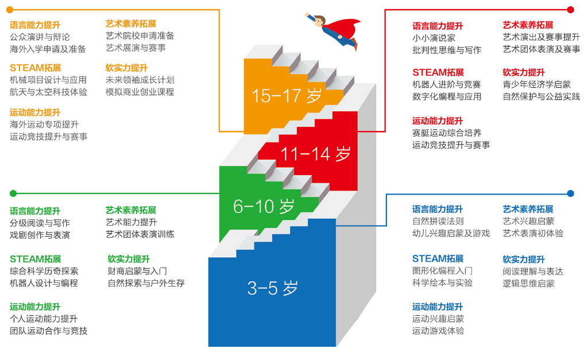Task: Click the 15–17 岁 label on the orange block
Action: coord(287,96)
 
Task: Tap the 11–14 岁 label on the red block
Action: coord(315,154)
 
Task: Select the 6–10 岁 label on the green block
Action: coord(264,206)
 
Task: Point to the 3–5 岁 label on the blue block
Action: coord(273,288)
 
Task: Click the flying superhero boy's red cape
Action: coord(348,28)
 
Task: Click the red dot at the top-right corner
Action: coord(570,10)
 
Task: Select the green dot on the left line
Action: coord(13,193)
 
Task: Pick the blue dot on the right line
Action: coord(570,193)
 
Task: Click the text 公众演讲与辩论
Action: coord(40,37)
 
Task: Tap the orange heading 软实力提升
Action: coord(126,68)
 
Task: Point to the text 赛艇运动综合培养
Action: coord(447,133)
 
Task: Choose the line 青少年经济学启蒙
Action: coord(536,84)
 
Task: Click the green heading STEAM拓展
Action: coord(35,259)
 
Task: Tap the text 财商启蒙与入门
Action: coord(137,271)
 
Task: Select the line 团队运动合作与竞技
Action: coord(48,331)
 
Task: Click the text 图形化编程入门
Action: coord(442,270)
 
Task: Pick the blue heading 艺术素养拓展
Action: coord(528,209)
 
